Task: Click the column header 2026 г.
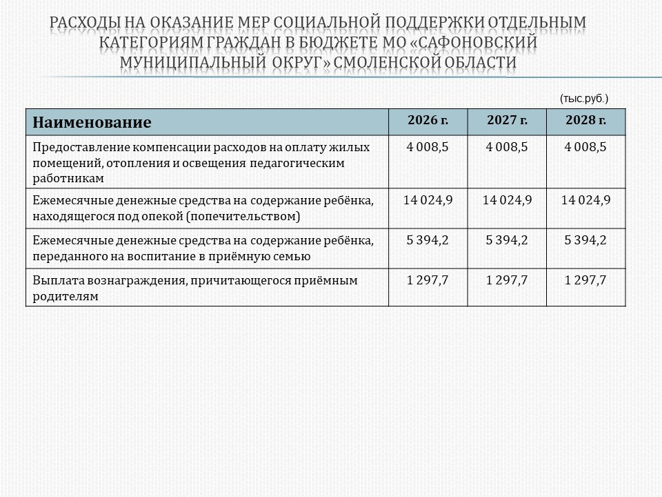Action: point(428,121)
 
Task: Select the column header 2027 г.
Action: point(507,121)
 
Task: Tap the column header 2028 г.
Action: point(585,121)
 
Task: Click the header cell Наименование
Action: point(92,123)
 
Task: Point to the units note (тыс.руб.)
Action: point(584,99)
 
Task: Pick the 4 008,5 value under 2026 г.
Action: point(428,147)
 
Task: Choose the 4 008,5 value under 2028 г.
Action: point(585,147)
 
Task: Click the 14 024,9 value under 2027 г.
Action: point(507,201)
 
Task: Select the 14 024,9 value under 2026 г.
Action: point(428,201)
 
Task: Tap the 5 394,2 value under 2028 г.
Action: point(585,241)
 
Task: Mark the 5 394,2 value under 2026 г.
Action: point(428,241)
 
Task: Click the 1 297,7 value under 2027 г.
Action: point(507,280)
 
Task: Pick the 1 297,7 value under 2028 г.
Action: point(585,280)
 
